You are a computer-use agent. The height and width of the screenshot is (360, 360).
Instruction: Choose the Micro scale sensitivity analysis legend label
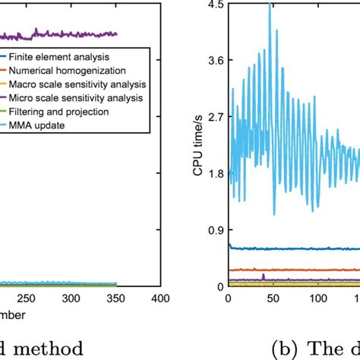tap(77, 97)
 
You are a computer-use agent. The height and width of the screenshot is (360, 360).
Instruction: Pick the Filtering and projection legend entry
tap(58, 111)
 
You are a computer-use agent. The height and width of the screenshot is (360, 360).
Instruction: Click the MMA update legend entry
tap(37, 125)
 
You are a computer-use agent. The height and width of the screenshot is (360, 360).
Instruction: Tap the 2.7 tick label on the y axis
tap(215, 117)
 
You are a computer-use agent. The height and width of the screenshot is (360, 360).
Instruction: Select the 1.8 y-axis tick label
tap(215, 173)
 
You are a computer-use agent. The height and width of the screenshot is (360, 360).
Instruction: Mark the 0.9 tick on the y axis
tap(215, 229)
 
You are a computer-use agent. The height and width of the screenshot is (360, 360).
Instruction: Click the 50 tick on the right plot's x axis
tap(272, 298)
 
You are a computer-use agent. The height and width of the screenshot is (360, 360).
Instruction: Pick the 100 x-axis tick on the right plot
tap(316, 298)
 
